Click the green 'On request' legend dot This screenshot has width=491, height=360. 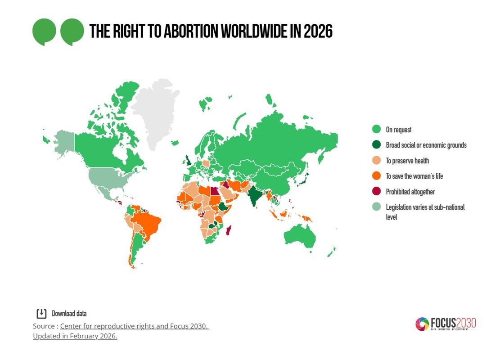click(x=376, y=129)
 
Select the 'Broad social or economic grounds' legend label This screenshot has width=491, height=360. click(x=426, y=145)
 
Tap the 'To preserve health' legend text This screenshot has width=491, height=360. click(x=407, y=161)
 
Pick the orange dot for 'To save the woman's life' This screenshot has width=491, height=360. click(x=376, y=175)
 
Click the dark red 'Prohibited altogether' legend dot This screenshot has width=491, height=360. click(x=376, y=191)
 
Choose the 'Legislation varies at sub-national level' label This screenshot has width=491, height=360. click(x=425, y=212)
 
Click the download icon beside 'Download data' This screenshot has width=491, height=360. click(x=41, y=313)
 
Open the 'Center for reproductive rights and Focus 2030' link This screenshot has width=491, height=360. click(x=135, y=326)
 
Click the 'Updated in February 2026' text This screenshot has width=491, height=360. click(x=75, y=336)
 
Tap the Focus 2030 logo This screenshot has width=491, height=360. click(x=446, y=324)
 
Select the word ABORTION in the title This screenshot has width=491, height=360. click(x=191, y=31)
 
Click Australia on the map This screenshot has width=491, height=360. click(x=300, y=236)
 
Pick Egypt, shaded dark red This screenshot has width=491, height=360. click(x=215, y=191)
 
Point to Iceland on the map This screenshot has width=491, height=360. click(x=175, y=143)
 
